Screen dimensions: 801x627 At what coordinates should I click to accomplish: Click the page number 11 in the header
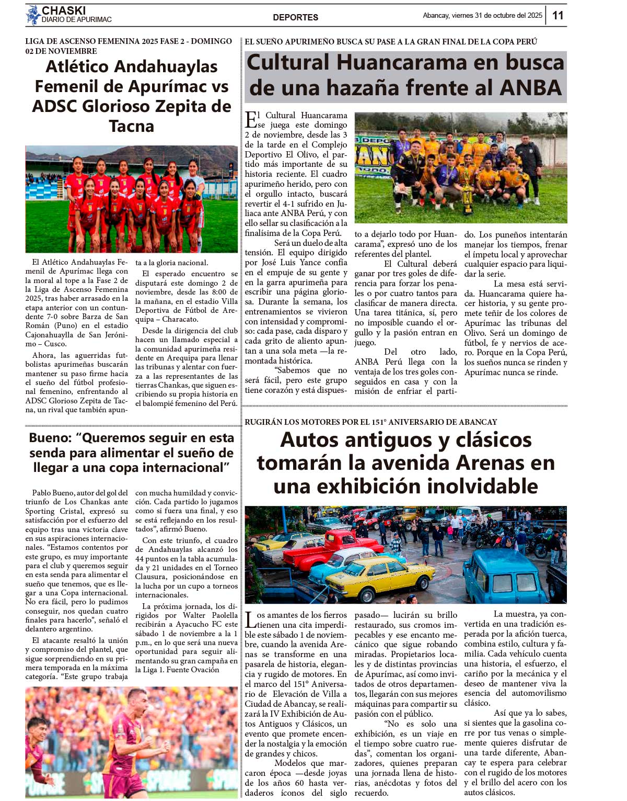[x=558, y=15]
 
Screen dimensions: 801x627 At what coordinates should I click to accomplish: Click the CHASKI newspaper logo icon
[x=33, y=15]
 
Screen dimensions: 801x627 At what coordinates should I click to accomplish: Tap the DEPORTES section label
[x=295, y=17]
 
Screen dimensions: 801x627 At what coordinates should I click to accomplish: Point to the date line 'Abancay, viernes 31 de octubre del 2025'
[x=482, y=15]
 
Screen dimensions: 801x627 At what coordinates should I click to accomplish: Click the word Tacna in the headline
[x=132, y=126]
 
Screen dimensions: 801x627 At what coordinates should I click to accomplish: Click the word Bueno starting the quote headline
[x=50, y=438]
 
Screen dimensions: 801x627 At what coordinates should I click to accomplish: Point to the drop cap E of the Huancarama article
[x=251, y=119]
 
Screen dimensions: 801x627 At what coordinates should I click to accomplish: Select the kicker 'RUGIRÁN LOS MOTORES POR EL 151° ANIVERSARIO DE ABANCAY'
[x=370, y=422]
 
